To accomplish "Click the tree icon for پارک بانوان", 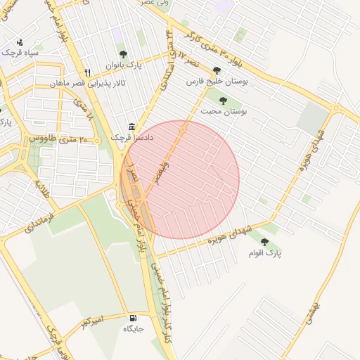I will coord(124,53).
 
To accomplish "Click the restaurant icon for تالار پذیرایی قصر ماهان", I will coord(87,72).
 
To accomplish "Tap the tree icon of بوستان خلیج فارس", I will coord(216,70).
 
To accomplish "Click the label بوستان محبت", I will coord(224,112).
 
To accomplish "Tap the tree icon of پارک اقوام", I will coord(264,242).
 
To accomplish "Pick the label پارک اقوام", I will coord(264,253).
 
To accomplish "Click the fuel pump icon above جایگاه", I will coord(134,317).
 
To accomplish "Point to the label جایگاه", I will coord(134,328).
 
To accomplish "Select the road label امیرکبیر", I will coord(91,322).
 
